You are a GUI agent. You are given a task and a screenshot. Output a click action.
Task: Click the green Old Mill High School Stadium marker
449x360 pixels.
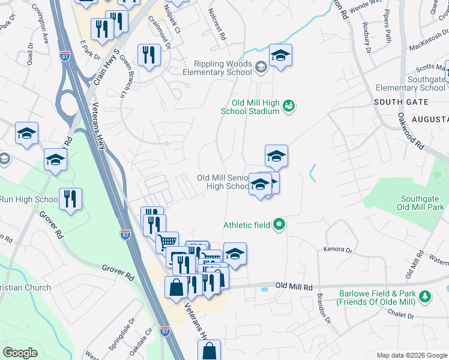[289, 106]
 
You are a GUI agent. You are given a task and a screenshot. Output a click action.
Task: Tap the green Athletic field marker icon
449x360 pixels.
[279, 226]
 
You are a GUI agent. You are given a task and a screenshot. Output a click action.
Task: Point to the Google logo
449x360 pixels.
[20, 353]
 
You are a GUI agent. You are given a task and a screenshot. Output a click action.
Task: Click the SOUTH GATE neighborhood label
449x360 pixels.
[394, 103]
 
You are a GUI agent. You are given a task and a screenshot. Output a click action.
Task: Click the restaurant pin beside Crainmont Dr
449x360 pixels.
[148, 55]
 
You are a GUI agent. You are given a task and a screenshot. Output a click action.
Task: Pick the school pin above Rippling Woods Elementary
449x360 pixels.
[280, 55]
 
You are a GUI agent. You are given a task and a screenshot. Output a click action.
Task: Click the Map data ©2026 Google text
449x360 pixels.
[411, 355]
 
